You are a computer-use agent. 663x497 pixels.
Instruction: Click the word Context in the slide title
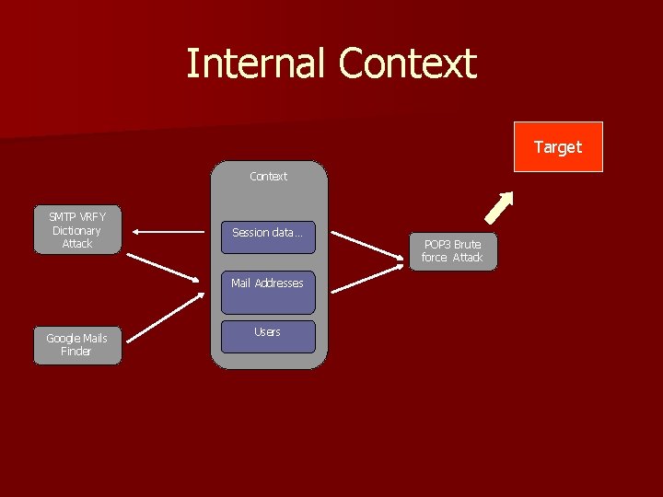coord(407,64)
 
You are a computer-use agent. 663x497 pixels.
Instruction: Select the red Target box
coord(558,147)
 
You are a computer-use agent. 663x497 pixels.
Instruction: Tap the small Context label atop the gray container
coord(268,176)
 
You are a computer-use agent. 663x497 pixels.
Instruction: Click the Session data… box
coord(268,237)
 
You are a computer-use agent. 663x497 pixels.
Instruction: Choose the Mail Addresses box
coord(268,291)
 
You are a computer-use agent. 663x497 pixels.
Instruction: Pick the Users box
coord(268,337)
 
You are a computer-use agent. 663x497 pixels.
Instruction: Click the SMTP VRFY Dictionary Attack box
coord(76,231)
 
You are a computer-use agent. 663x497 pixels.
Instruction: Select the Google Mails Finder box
coord(76,345)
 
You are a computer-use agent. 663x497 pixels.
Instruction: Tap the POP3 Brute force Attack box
coord(452,251)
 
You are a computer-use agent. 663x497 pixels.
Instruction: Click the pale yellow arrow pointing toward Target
coord(498,208)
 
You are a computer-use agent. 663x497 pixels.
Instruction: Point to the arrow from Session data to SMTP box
coord(166,233)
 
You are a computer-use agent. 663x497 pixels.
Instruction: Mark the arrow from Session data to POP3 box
coord(368,248)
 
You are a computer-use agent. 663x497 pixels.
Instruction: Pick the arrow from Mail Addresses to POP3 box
coord(368,281)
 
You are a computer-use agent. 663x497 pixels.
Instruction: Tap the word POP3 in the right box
coord(438,245)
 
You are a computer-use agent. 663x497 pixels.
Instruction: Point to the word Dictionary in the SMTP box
coord(76,231)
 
